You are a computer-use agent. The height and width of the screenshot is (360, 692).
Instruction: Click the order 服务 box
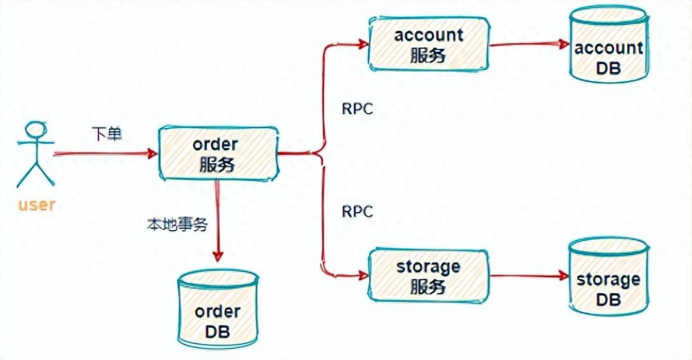[x=217, y=154]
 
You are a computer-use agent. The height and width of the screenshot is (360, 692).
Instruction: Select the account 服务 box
[x=429, y=44]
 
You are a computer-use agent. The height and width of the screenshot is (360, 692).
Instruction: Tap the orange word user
[x=37, y=206]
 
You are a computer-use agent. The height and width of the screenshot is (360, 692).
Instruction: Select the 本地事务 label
[x=170, y=226]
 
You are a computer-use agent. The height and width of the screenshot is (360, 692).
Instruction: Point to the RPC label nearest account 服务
[x=357, y=109]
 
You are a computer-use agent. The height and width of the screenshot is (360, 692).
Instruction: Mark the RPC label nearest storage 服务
[x=357, y=212]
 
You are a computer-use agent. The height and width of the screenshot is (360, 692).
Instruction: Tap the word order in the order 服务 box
[x=216, y=145]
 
